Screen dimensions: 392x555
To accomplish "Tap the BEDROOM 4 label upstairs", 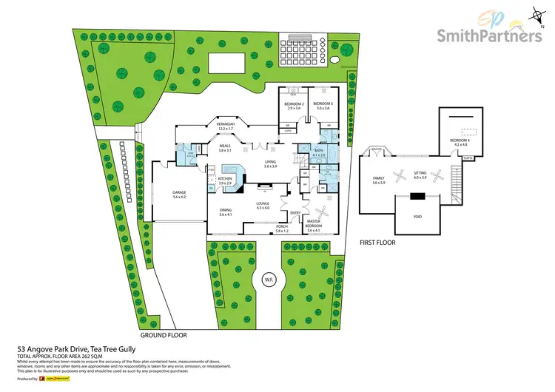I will pyautogui.click(x=460, y=142).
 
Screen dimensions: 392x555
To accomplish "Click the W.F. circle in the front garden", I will pyautogui.click(x=264, y=280).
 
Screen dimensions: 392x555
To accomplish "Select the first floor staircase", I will pyautogui.click(x=455, y=183).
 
